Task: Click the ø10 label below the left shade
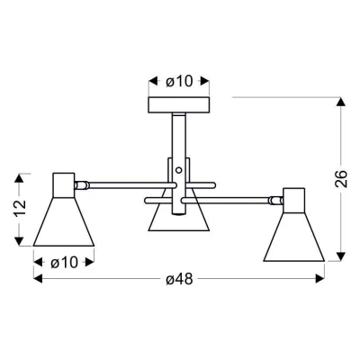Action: click(62, 263)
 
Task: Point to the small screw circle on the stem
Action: click(180, 168)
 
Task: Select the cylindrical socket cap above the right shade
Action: click(294, 198)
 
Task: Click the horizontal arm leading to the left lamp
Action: click(121, 185)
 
